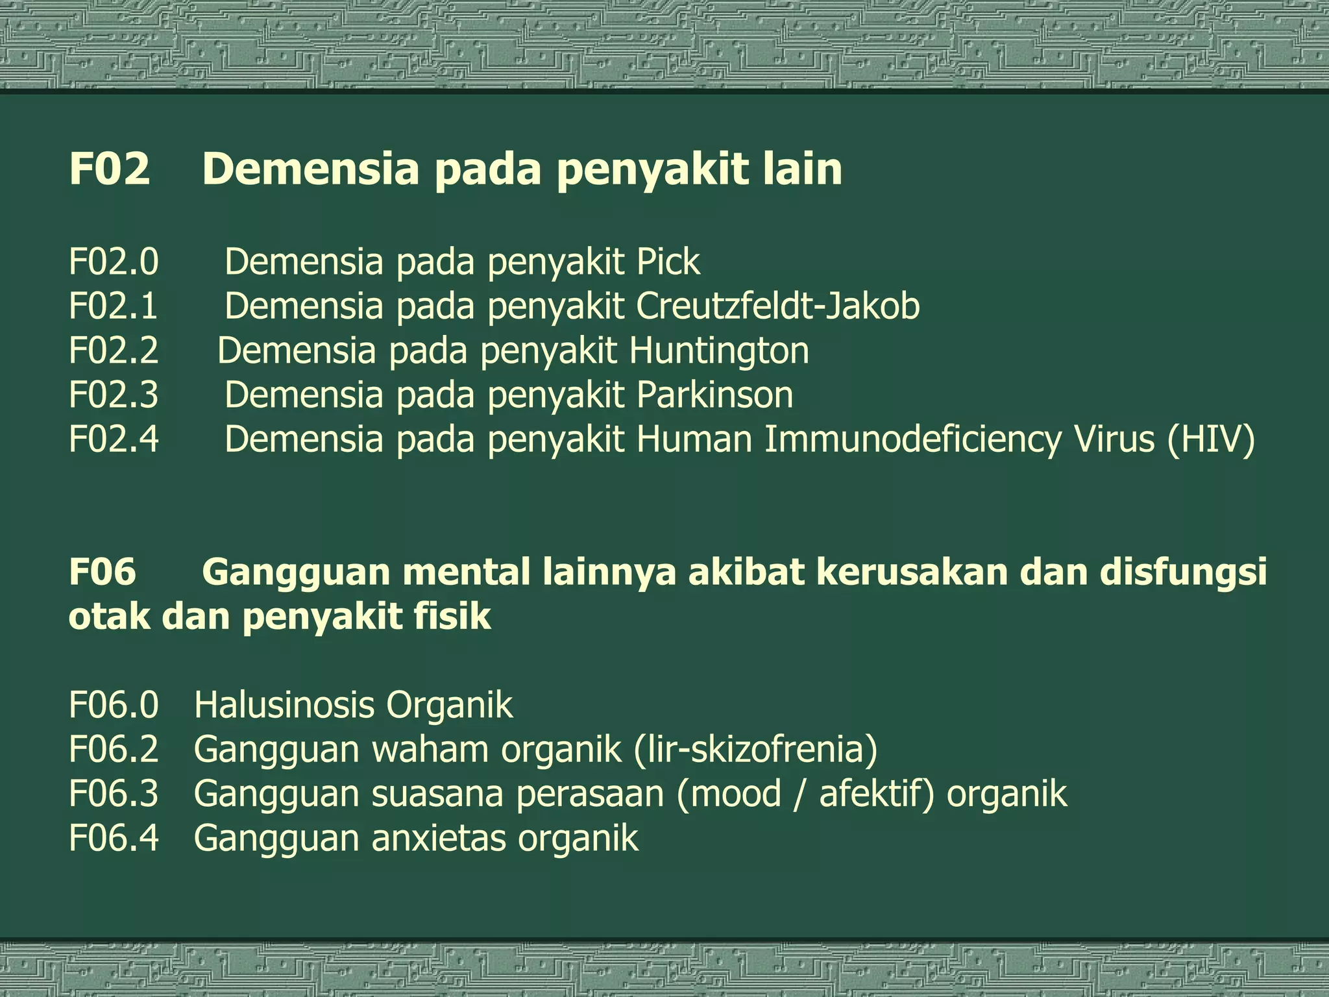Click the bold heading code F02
tap(109, 169)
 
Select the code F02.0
tap(114, 262)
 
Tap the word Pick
tap(668, 262)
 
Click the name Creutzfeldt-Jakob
tap(777, 306)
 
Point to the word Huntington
tap(719, 351)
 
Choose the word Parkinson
tap(714, 395)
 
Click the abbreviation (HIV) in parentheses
tap(1210, 439)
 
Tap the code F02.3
tap(114, 395)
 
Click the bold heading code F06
tap(103, 572)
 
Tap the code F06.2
tap(114, 749)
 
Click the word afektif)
tap(876, 794)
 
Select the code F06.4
tap(114, 838)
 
